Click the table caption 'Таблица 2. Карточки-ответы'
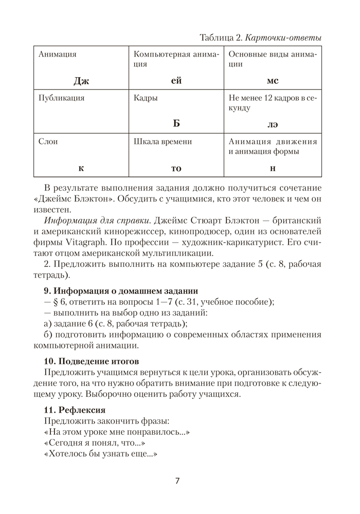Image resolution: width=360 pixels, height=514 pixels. (x=260, y=38)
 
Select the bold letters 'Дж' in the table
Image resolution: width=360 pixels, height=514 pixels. (x=81, y=81)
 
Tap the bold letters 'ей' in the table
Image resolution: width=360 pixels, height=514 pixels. (x=176, y=81)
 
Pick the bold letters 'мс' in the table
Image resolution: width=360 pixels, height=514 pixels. (x=272, y=81)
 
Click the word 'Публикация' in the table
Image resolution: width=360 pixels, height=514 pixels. (x=61, y=97)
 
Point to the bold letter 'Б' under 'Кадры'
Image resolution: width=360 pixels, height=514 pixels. (x=176, y=124)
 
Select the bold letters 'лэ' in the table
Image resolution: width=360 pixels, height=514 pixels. (x=272, y=124)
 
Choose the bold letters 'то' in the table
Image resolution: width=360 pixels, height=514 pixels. (x=176, y=168)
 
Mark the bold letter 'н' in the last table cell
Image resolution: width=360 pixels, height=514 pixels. (x=272, y=168)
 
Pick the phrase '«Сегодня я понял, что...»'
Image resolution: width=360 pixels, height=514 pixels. (x=93, y=443)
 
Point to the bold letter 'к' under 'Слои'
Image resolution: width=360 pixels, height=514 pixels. (x=81, y=168)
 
